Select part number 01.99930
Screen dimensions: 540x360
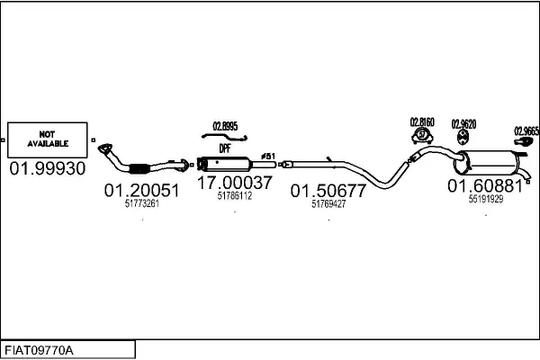pyautogui.click(x=48, y=169)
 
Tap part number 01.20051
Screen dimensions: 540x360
pyautogui.click(x=141, y=191)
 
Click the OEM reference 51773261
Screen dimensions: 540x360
pyautogui.click(x=142, y=203)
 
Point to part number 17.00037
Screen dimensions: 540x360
pyautogui.click(x=235, y=183)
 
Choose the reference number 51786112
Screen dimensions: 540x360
pyautogui.click(x=235, y=195)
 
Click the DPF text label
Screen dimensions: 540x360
pyautogui.click(x=225, y=148)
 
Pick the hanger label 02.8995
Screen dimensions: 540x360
pyautogui.click(x=225, y=126)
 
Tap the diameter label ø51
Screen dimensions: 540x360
pyautogui.click(x=268, y=157)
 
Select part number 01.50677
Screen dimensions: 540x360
pyautogui.click(x=328, y=191)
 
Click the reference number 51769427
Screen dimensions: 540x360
pyautogui.click(x=328, y=204)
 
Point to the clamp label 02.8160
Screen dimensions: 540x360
pyautogui.click(x=422, y=122)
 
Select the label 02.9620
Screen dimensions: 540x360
pyautogui.click(x=463, y=124)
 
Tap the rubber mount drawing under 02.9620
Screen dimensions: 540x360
pyautogui.click(x=463, y=138)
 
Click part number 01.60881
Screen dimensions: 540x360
pyautogui.click(x=485, y=186)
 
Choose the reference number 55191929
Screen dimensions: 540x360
pyautogui.click(x=486, y=199)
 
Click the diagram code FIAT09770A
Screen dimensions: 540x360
pyautogui.click(x=39, y=351)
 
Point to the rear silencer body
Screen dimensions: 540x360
pyautogui.click(x=488, y=163)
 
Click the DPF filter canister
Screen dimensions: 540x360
pyautogui.click(x=224, y=164)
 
